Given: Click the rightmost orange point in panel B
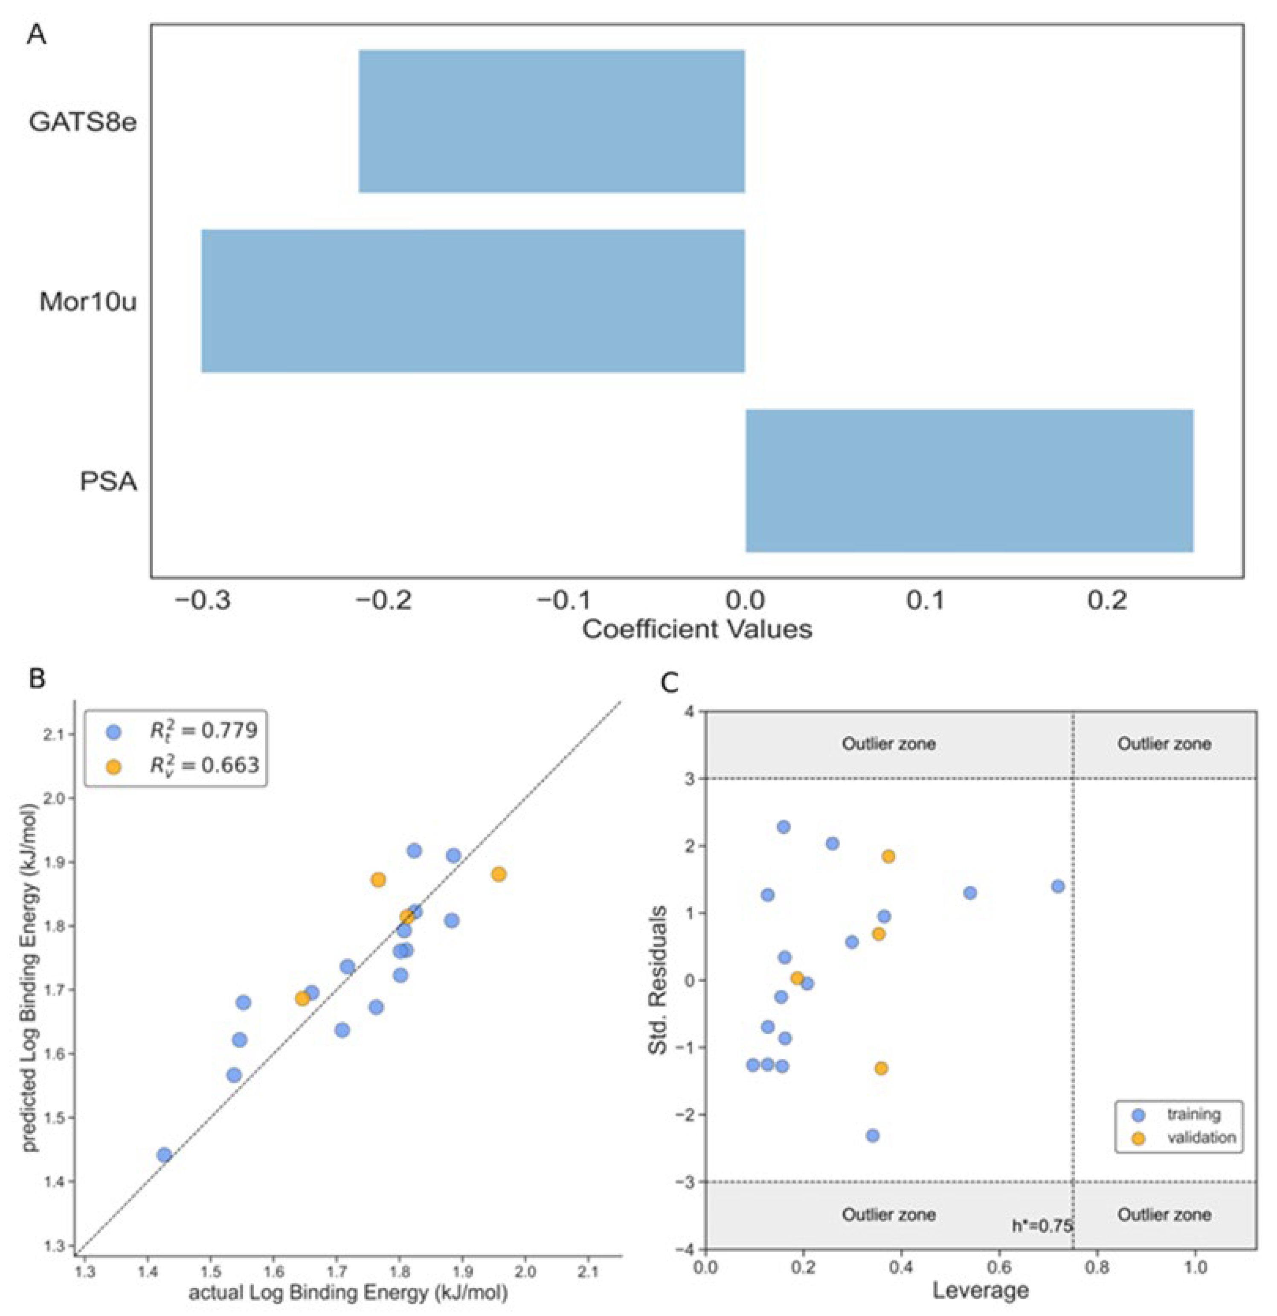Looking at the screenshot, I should click(x=498, y=874).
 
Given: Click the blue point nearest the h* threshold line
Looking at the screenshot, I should click(x=1057, y=886).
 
